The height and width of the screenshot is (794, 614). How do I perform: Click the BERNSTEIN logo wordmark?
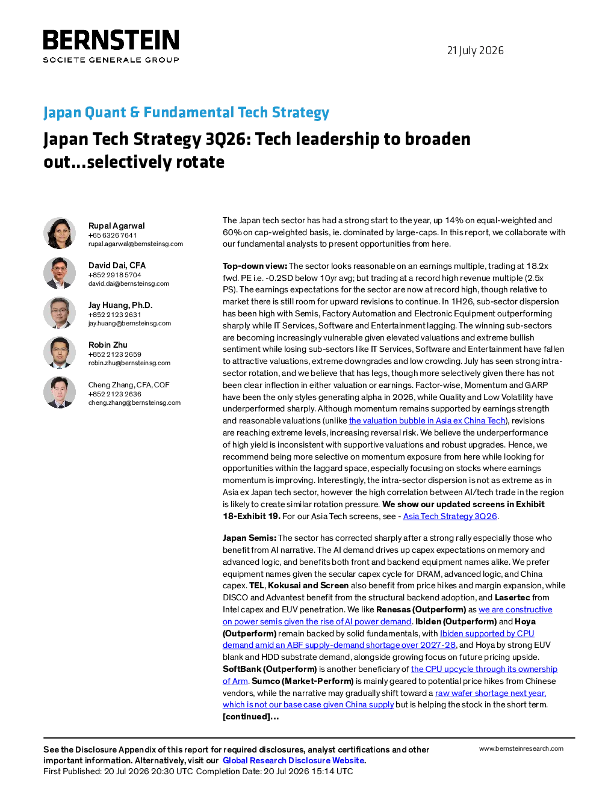pos(111,40)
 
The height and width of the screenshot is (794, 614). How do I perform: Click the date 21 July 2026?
pos(475,51)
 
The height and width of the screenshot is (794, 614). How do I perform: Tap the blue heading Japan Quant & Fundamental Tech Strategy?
pos(186,112)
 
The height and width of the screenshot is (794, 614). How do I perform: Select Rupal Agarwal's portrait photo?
pos(60,233)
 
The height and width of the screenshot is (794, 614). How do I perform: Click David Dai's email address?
pos(129,283)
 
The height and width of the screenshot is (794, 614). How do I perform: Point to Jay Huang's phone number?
pos(114,315)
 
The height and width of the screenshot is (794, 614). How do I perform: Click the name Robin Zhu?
pos(108,345)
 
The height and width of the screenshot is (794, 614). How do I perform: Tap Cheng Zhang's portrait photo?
pos(60,392)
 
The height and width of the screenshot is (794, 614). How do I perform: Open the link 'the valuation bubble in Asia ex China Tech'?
pos(427,420)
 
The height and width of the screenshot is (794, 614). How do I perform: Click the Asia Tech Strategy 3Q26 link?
pos(450,516)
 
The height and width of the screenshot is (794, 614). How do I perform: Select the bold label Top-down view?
pos(255,266)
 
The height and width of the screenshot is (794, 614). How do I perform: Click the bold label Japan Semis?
pos(249,538)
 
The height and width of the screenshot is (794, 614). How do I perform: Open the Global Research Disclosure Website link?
pos(294,760)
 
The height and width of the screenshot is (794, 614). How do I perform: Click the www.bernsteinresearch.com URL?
pos(521,748)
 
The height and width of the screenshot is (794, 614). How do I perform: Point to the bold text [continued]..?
pos(251,716)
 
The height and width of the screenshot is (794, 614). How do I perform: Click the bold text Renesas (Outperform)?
pos(421,609)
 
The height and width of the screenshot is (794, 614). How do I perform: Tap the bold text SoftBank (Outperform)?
pos(270,669)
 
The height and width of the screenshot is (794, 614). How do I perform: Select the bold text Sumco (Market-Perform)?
pos(303,681)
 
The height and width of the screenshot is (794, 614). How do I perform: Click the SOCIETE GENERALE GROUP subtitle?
pos(111,60)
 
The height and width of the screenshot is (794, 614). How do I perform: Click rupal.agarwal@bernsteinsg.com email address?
pos(135,244)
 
